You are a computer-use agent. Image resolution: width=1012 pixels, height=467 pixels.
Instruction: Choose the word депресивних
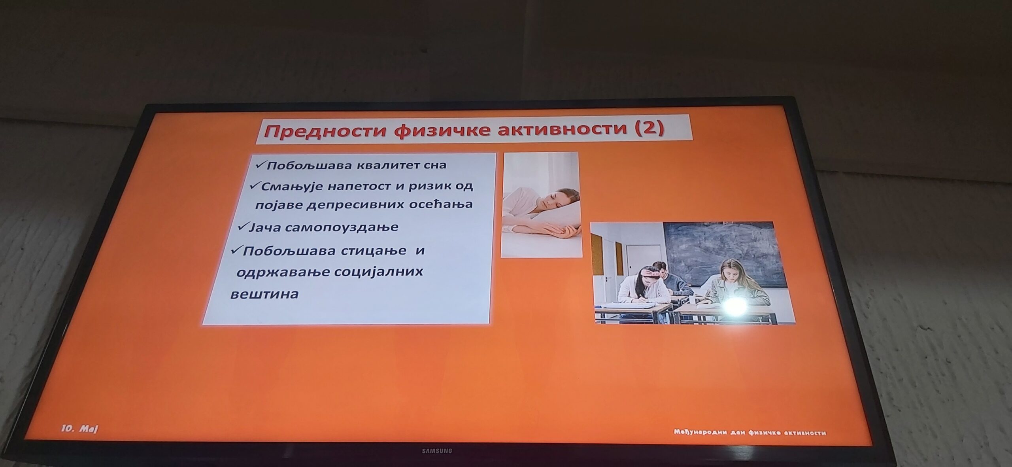(358, 205)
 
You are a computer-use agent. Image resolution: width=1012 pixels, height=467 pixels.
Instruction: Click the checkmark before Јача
(242, 227)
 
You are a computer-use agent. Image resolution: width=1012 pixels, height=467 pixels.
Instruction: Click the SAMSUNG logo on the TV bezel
(437, 450)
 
